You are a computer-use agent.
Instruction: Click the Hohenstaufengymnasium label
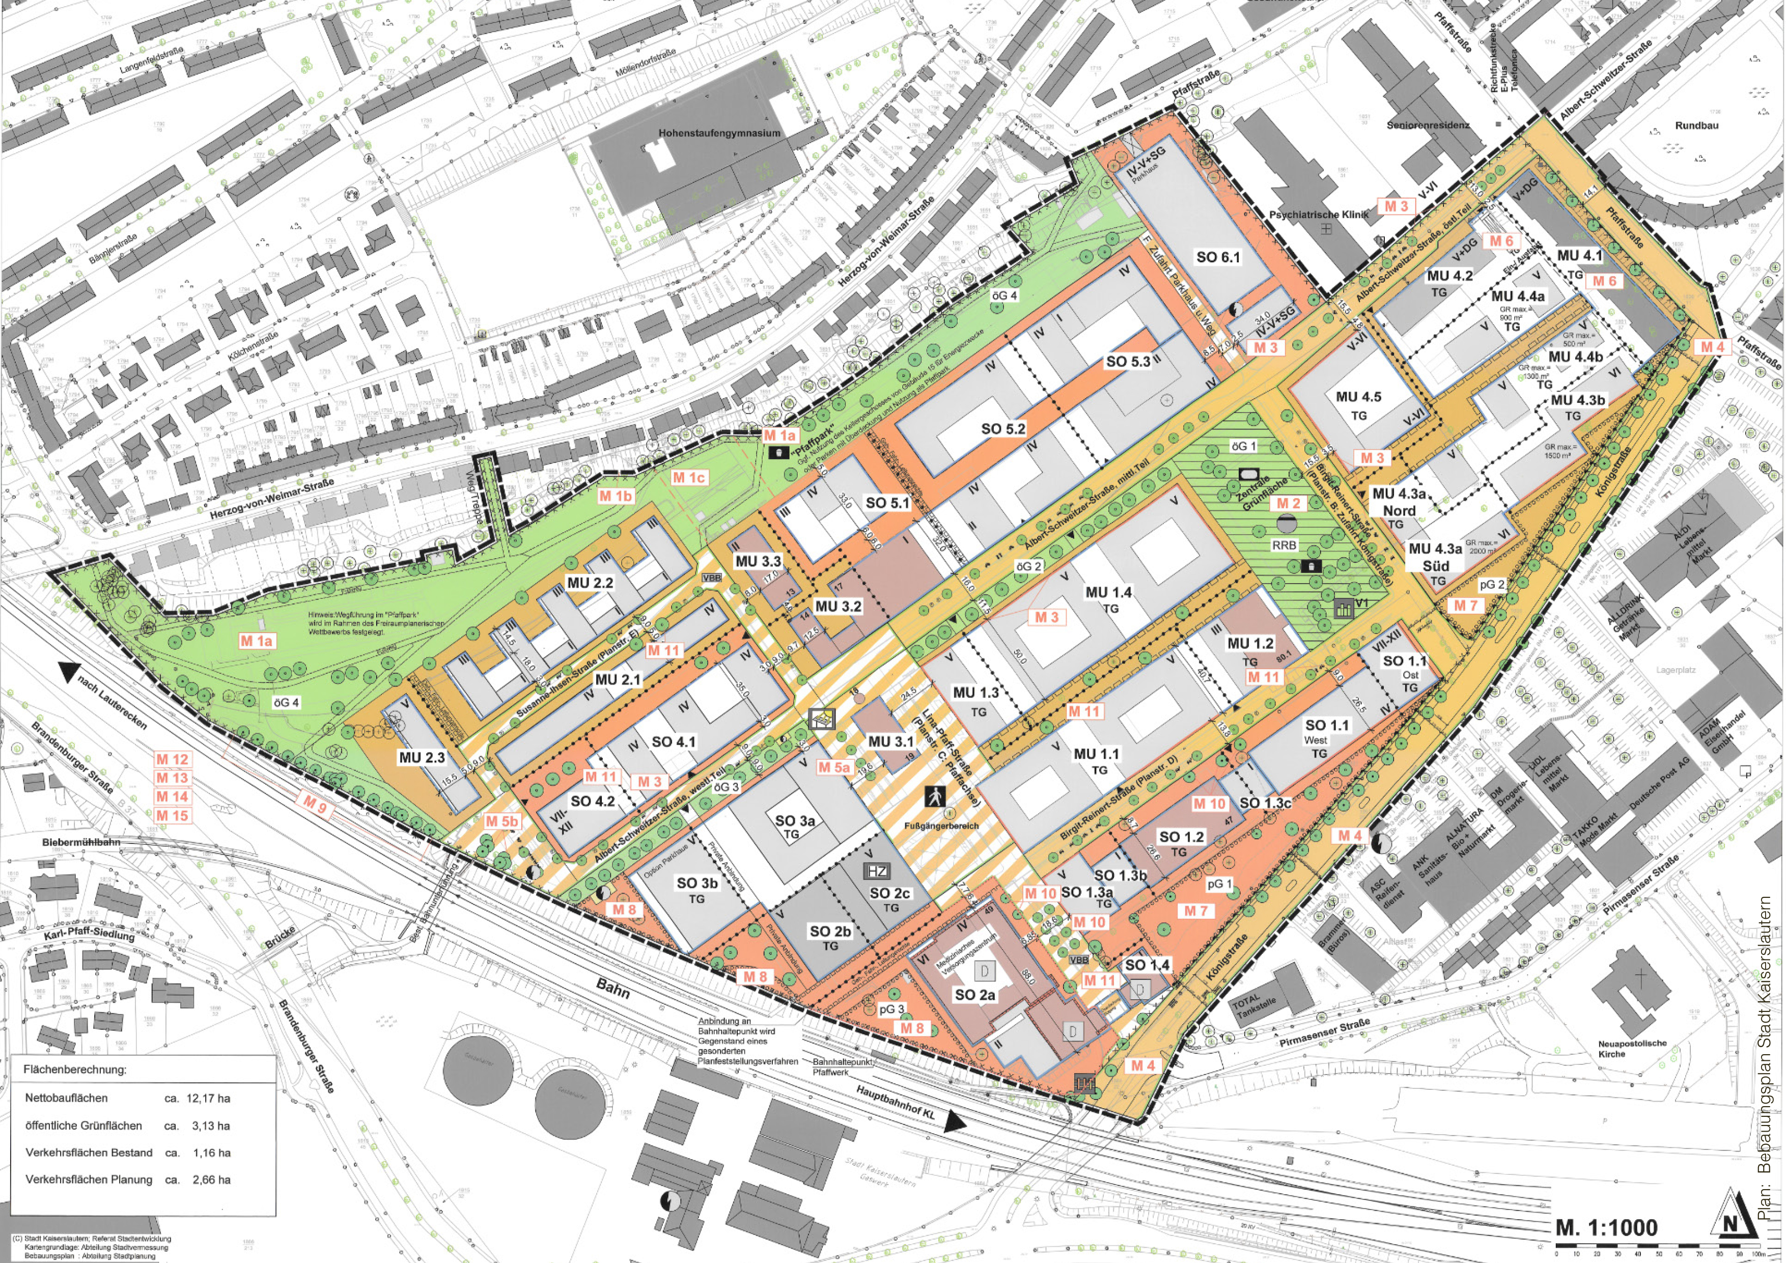coord(719,133)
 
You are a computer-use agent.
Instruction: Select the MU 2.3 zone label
coord(422,757)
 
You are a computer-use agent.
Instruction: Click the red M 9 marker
coord(315,806)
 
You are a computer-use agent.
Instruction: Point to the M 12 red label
coord(172,759)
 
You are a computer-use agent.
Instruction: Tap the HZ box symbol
coord(877,871)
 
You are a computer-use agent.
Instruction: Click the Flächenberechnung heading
coord(75,1069)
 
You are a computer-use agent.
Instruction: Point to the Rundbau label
coord(1696,125)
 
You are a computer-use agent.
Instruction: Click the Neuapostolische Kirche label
coord(1632,1048)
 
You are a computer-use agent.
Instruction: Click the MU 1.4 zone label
coord(1108,593)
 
